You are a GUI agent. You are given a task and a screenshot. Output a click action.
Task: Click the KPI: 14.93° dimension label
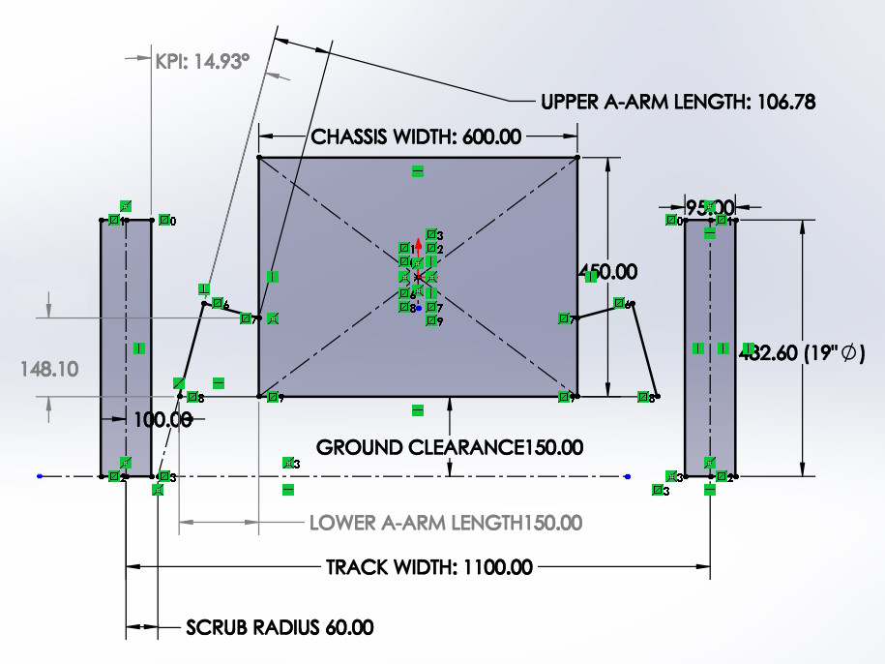click(202, 61)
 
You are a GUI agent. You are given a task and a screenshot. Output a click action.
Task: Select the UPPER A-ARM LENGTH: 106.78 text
click(676, 102)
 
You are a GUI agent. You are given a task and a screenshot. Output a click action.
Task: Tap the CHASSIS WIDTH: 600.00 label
click(416, 137)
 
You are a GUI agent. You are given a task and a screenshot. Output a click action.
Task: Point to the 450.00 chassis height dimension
click(607, 272)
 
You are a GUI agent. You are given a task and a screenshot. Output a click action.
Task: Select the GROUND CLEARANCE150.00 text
click(450, 447)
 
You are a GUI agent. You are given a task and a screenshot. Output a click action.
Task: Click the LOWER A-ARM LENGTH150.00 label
click(446, 523)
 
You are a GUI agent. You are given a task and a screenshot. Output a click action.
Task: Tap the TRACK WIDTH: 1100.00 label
click(428, 567)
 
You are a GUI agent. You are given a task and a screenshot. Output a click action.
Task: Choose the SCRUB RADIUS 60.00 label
click(280, 627)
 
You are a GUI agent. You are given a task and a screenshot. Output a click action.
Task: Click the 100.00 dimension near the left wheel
click(162, 420)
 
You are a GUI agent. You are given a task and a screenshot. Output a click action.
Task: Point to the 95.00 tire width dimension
click(710, 207)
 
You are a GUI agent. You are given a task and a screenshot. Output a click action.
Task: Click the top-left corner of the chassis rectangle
click(259, 157)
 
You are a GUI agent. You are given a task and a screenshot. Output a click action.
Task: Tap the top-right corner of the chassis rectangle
click(576, 157)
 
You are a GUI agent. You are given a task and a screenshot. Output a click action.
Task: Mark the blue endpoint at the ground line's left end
click(40, 476)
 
